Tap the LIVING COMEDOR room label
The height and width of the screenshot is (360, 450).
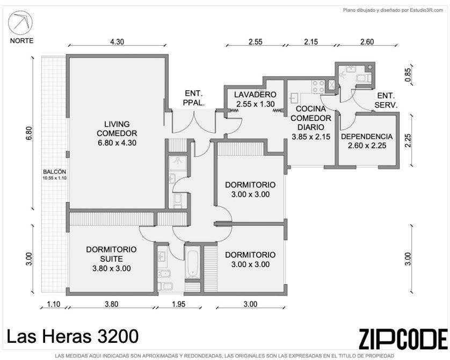tap(117, 129)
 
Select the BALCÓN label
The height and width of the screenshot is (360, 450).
tap(55, 172)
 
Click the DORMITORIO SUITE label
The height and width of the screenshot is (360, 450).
tap(111, 254)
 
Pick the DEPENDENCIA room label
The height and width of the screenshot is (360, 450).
tap(367, 136)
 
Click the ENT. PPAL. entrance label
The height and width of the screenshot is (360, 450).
tap(194, 98)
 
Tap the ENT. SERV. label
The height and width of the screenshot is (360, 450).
tap(386, 100)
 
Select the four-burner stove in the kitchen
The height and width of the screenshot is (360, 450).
tap(318, 87)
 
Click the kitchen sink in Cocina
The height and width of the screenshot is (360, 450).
tap(293, 98)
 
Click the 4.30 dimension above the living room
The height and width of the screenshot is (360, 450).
tap(117, 41)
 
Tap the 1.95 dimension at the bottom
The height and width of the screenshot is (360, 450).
tap(178, 304)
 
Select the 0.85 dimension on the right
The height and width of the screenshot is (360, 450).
tap(408, 74)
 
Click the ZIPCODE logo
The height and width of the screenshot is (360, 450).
tap(403, 339)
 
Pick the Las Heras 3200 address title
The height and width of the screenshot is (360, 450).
tap(72, 336)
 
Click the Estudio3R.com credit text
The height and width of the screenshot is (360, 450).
tap(426, 10)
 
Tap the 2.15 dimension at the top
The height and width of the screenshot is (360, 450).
tap(311, 41)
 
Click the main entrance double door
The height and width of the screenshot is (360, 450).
tap(194, 120)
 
